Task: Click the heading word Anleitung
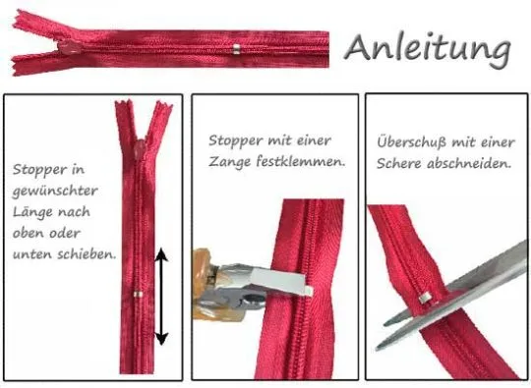click(428, 47)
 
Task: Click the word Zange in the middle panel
click(233, 160)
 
